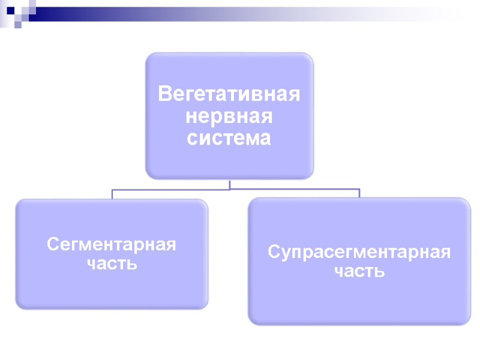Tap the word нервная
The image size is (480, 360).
(229, 116)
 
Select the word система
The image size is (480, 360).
(229, 138)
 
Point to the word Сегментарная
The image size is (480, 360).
(112, 245)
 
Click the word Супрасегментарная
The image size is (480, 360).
(359, 251)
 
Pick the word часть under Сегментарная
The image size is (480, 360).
(112, 263)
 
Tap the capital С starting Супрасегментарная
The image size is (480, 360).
(273, 251)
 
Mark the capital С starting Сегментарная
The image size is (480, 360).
(53, 245)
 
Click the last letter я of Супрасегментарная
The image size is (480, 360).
(445, 252)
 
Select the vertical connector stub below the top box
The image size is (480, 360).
(230, 184)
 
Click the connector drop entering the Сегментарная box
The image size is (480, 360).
(112, 194)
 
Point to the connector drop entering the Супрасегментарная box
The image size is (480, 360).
(359, 193)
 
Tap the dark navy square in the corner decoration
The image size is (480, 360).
(10, 10)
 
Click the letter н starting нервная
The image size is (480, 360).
(191, 117)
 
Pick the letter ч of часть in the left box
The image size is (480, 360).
(92, 263)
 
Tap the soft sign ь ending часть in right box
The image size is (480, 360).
(380, 271)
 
